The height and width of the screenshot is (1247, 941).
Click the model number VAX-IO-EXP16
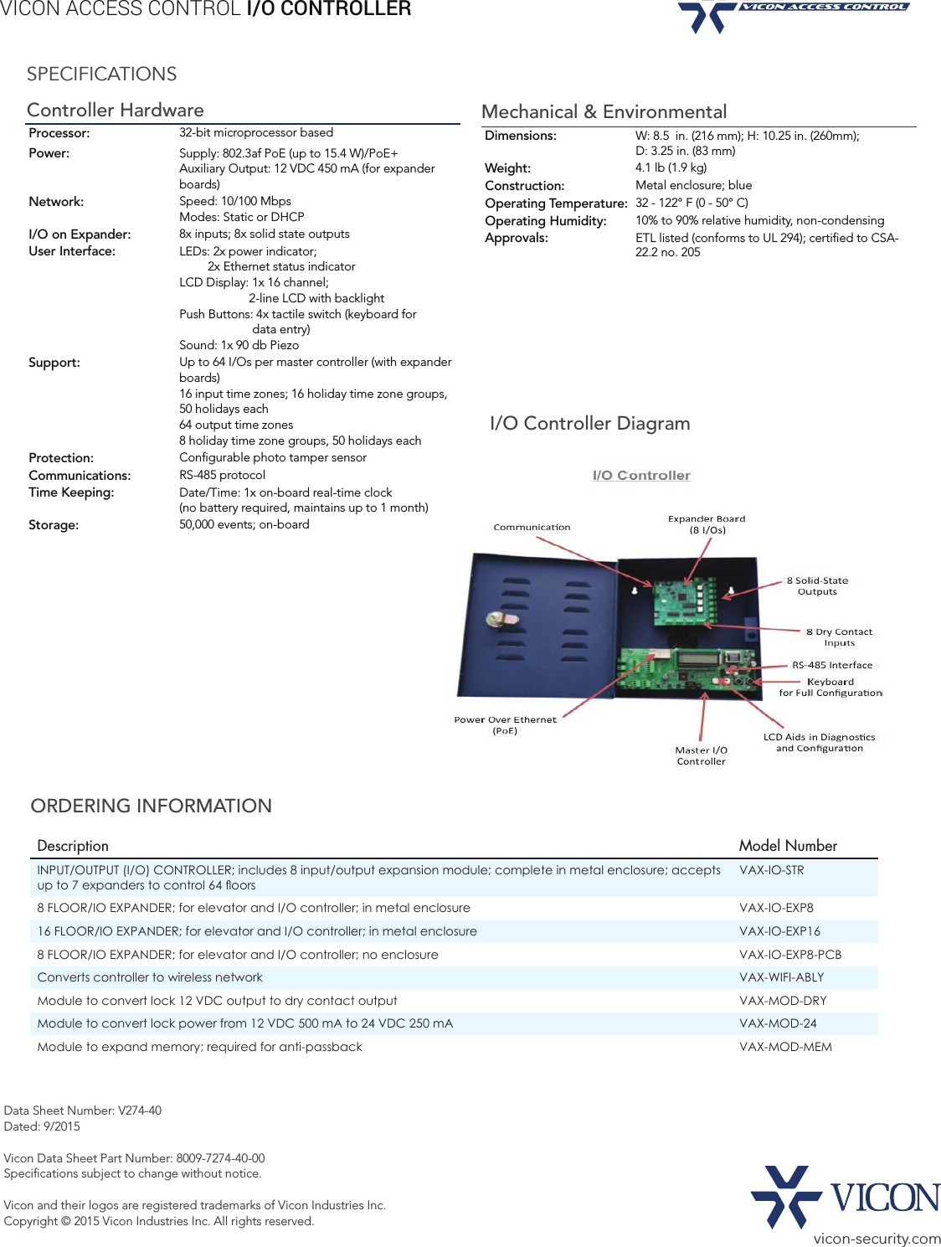click(x=779, y=931)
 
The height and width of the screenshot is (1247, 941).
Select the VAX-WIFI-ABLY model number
click(x=781, y=977)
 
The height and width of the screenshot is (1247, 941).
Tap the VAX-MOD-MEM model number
click(x=785, y=1047)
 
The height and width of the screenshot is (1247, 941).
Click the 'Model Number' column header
click(x=788, y=846)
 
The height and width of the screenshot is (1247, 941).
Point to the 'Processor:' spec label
click(x=59, y=133)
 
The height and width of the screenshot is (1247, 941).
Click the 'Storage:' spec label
click(x=54, y=525)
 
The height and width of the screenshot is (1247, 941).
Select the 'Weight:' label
click(x=507, y=168)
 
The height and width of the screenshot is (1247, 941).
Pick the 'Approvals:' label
click(x=517, y=238)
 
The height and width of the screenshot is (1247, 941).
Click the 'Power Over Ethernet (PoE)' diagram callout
click(x=505, y=725)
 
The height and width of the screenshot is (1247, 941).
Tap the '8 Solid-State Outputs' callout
click(x=817, y=586)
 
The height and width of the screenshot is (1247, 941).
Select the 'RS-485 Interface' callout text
click(x=832, y=665)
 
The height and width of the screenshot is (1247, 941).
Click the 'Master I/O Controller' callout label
click(x=702, y=756)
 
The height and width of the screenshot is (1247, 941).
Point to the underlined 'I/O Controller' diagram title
click(x=641, y=476)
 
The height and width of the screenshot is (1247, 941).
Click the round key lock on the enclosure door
click(x=500, y=620)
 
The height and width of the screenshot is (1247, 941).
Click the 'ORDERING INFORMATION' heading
click(x=152, y=806)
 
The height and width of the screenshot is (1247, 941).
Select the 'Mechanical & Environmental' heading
click(x=604, y=112)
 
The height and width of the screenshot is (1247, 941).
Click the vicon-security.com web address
click(x=877, y=1239)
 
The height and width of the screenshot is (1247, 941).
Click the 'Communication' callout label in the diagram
click(x=532, y=528)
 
